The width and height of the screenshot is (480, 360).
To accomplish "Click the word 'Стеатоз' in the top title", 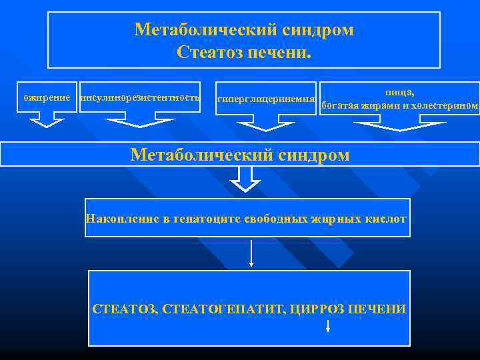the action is point(209,51).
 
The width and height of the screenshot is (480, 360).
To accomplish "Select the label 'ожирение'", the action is point(47,98).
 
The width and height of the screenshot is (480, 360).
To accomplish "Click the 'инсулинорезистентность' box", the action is point(140,98).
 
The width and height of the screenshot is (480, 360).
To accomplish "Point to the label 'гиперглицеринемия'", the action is point(265,99).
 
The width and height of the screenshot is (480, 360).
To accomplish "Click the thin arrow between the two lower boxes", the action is point(251,252).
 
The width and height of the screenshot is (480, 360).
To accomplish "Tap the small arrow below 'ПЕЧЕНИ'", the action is point(327,325).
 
